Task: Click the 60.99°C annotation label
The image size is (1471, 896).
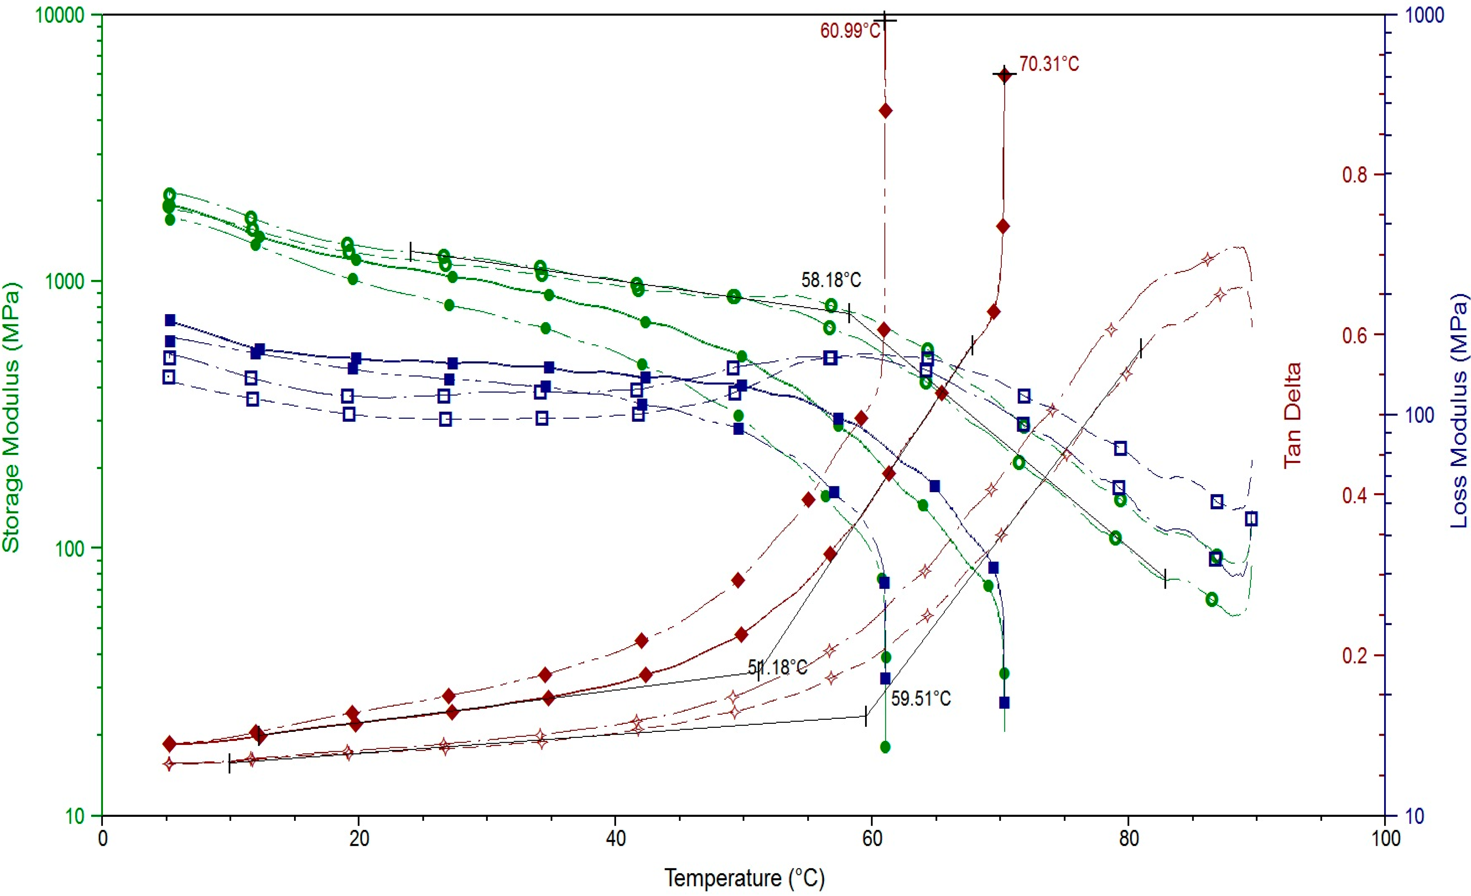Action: click(x=849, y=31)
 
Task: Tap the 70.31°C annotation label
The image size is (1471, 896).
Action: click(x=1049, y=64)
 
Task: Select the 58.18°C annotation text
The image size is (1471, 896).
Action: click(x=831, y=280)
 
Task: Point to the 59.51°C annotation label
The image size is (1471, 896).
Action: click(x=921, y=698)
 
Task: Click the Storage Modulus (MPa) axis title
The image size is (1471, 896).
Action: click(x=11, y=418)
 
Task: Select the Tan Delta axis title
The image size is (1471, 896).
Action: click(x=1292, y=415)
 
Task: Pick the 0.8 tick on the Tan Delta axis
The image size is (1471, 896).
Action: click(x=1354, y=175)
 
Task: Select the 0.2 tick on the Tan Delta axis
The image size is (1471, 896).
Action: click(x=1354, y=655)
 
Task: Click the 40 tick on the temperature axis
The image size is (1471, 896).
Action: click(x=615, y=839)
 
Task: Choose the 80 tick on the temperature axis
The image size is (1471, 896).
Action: click(x=1128, y=839)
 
